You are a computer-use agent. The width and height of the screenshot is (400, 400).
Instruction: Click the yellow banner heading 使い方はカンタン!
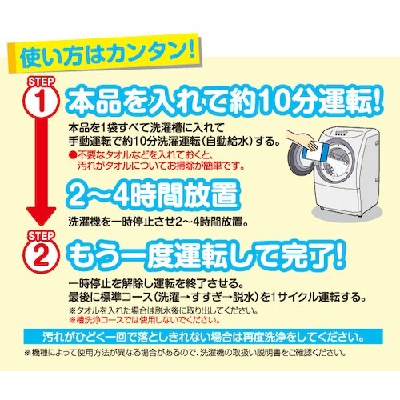[106, 54]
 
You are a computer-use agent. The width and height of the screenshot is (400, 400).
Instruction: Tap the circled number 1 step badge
[41, 102]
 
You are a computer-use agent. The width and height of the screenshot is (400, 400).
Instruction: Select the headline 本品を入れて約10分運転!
[224, 102]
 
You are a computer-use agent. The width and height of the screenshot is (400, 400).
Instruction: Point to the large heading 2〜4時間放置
[153, 197]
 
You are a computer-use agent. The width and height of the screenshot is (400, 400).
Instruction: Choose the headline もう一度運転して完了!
[206, 256]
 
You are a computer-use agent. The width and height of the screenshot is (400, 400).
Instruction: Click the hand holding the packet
[302, 138]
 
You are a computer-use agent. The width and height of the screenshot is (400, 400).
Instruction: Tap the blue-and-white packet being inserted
[315, 153]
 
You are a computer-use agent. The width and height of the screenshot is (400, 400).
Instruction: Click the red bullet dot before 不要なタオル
[72, 155]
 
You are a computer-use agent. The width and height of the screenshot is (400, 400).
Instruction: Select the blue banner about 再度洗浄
[203, 337]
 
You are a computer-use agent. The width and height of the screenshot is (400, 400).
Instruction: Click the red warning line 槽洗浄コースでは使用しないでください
[145, 320]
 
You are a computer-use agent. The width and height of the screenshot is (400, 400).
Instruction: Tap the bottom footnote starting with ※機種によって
[185, 353]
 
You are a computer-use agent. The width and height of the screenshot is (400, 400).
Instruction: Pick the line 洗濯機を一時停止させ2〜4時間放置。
[158, 222]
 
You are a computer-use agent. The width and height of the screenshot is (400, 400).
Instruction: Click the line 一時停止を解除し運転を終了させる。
[156, 283]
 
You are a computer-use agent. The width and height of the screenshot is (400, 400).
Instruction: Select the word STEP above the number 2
[41, 236]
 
